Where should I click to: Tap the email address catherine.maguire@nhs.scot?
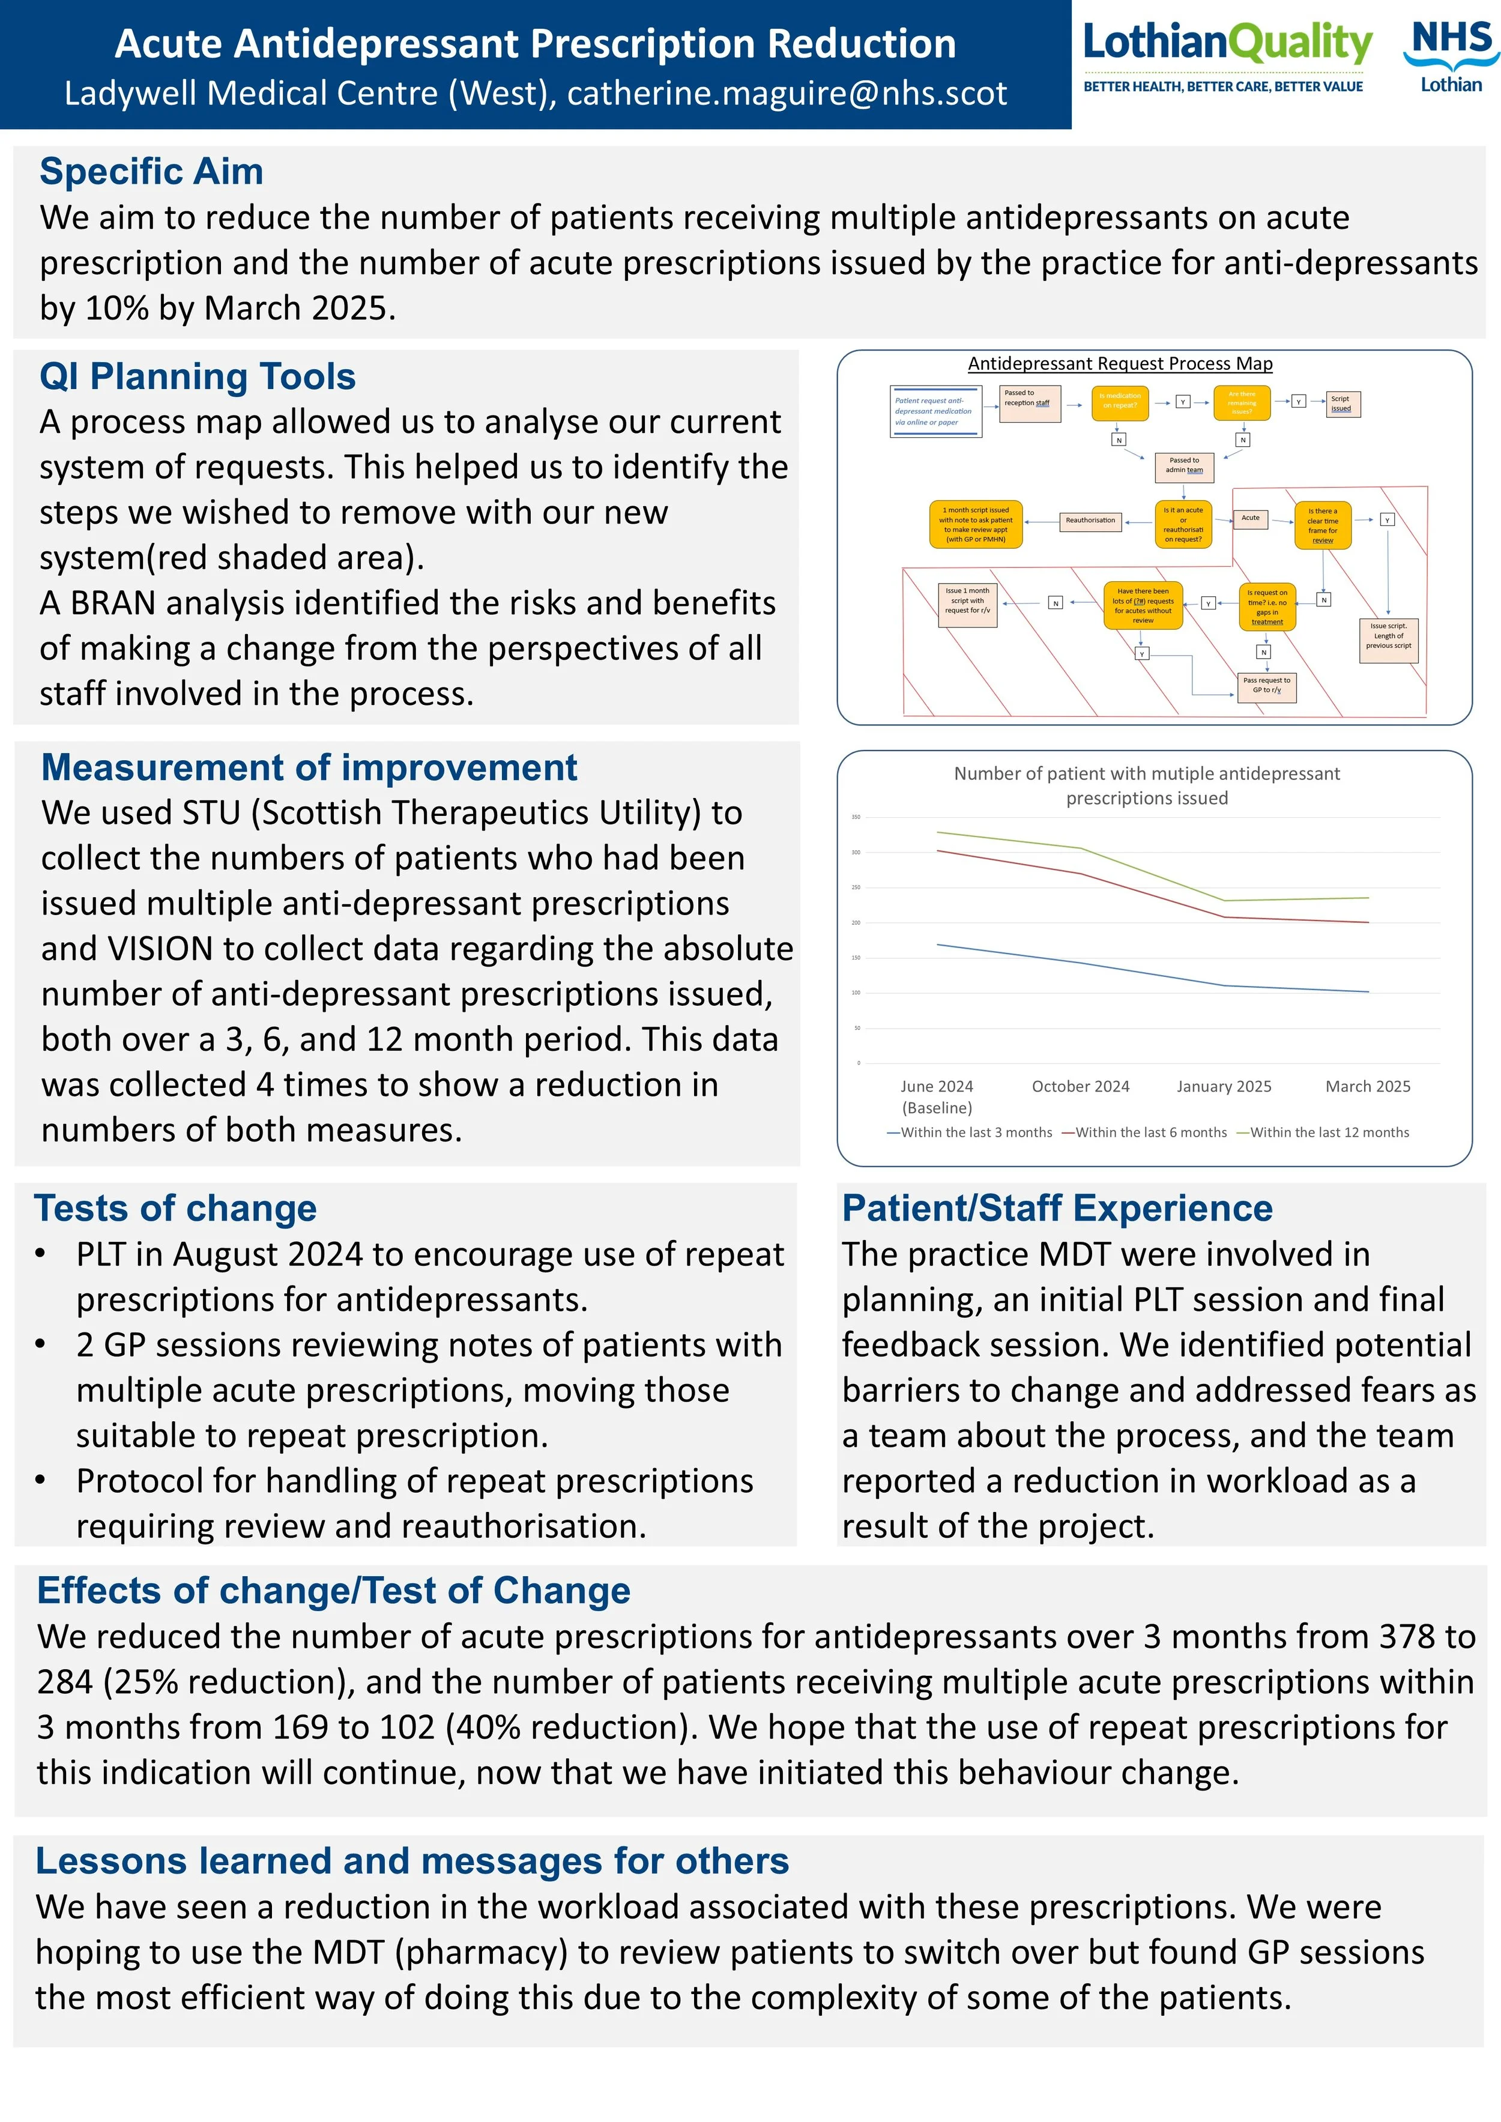point(787,93)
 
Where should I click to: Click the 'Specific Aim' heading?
point(151,172)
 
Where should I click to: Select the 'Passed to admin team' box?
point(1184,466)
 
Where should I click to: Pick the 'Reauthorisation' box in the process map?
point(1091,521)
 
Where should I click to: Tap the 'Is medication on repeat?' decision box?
point(1119,401)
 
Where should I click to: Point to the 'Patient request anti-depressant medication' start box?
point(934,411)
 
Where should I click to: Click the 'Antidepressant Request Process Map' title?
point(1120,364)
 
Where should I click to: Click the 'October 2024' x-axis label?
point(1081,1087)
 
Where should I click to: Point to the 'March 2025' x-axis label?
point(1368,1087)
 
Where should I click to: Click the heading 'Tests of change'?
point(175,1209)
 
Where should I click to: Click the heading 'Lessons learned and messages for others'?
point(412,1861)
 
